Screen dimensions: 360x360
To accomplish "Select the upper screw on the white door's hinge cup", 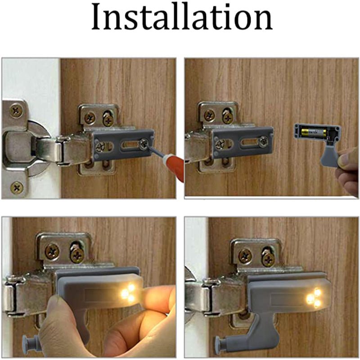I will (17, 109).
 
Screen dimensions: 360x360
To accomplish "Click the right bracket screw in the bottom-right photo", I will (268, 257).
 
